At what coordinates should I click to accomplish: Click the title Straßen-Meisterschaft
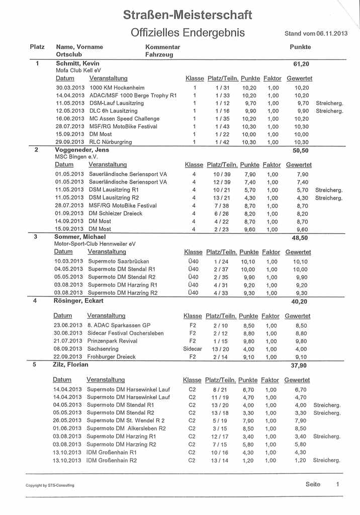[188, 15]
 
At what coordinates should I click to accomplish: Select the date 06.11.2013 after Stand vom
[332, 34]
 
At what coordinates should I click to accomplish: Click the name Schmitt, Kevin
[77, 63]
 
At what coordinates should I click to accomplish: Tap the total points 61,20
[301, 64]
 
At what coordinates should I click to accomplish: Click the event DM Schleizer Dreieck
[115, 213]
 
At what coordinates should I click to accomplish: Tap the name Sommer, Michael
[80, 236]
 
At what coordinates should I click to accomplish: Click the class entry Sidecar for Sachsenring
[193, 348]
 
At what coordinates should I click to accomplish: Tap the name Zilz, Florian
[71, 365]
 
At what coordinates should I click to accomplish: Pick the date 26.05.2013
[67, 420]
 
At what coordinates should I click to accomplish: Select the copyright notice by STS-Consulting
[50, 485]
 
